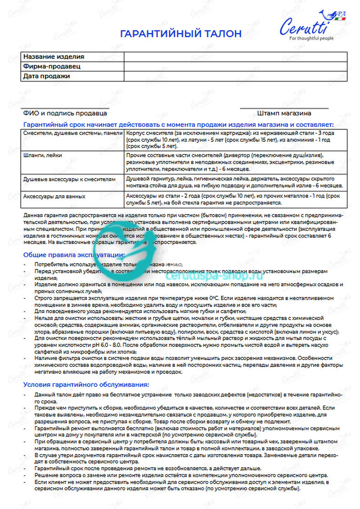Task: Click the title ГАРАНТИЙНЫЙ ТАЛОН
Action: [x=180, y=34]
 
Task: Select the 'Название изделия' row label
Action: [x=54, y=57]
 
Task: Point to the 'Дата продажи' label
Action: [x=47, y=76]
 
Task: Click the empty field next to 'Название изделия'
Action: [x=235, y=57]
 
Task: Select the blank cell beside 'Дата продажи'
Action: [x=235, y=76]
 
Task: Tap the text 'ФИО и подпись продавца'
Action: [x=65, y=113]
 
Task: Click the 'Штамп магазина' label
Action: [x=284, y=113]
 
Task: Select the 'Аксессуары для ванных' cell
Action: [x=54, y=196]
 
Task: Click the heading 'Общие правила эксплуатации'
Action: [x=74, y=255]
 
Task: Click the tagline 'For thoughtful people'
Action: [x=311, y=39]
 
